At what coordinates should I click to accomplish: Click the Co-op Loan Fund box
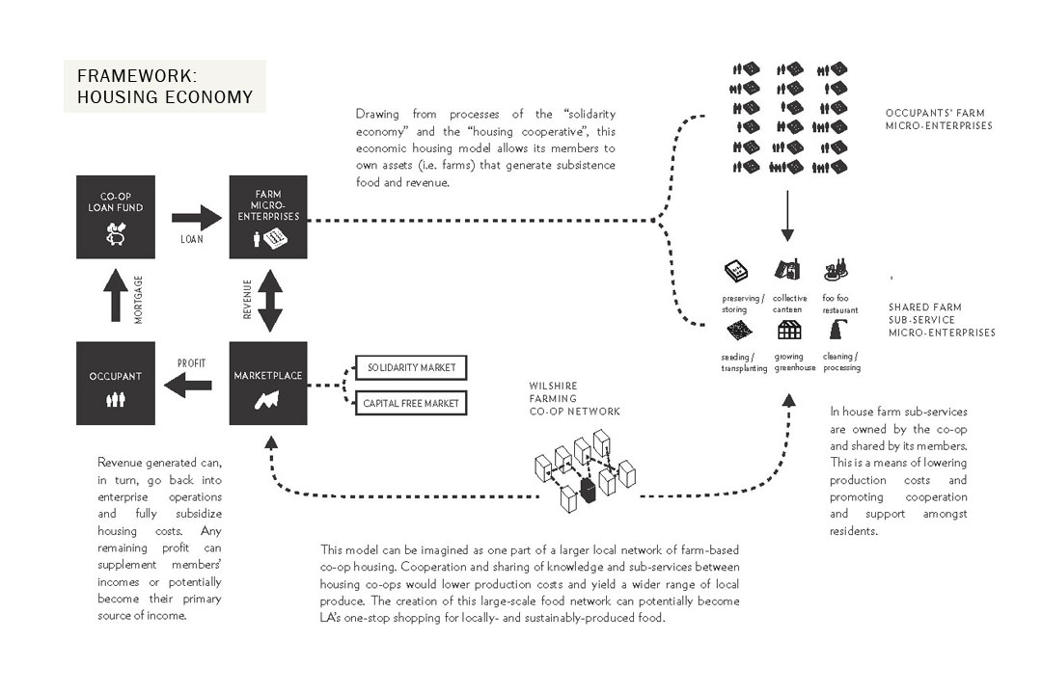click(115, 217)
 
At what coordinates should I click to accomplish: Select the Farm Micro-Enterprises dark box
click(268, 217)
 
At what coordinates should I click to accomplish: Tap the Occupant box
click(115, 383)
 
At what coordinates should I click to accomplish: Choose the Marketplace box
click(268, 383)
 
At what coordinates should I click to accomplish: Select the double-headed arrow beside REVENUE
click(270, 300)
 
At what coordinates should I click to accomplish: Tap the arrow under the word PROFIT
click(190, 386)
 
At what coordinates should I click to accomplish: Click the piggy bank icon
click(116, 232)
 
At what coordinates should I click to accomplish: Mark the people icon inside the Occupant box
click(115, 398)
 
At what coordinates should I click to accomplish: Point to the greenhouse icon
click(788, 331)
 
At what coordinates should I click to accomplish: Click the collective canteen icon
click(787, 269)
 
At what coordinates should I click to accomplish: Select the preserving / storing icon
click(737, 270)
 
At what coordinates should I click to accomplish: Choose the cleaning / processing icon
click(836, 331)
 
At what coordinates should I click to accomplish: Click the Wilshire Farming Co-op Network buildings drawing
click(584, 470)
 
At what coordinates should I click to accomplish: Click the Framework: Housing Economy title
click(165, 87)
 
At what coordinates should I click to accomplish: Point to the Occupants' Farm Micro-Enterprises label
click(939, 119)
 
